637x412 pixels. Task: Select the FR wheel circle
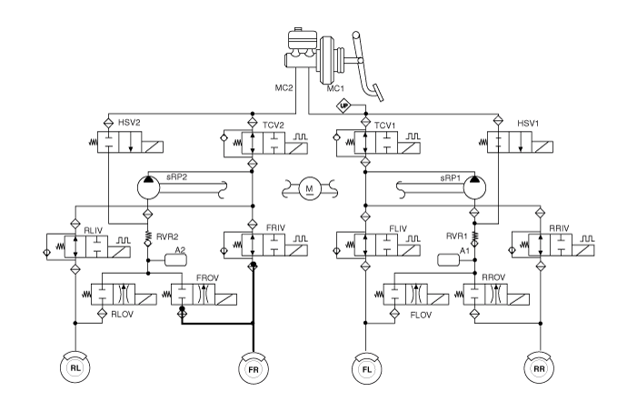(x=253, y=370)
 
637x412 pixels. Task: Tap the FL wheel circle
(x=365, y=370)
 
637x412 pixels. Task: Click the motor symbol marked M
(x=310, y=188)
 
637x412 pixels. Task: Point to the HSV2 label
(x=130, y=122)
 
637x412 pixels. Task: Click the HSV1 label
(x=528, y=122)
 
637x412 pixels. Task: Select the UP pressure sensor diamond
(x=344, y=105)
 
